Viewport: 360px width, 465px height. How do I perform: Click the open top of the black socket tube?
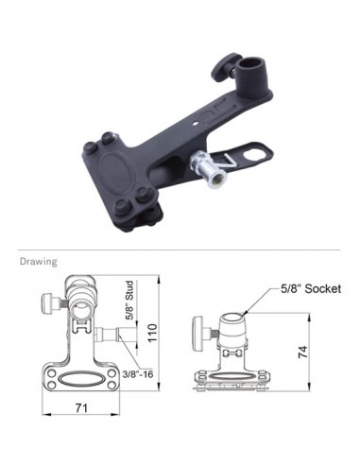point(252,63)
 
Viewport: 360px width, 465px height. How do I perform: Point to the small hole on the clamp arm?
point(196,124)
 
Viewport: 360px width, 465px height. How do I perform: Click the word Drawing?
point(39,262)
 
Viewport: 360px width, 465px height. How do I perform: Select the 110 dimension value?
point(152,333)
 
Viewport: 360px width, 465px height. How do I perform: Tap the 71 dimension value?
point(81,408)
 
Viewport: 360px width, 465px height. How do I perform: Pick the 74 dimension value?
point(302,352)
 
